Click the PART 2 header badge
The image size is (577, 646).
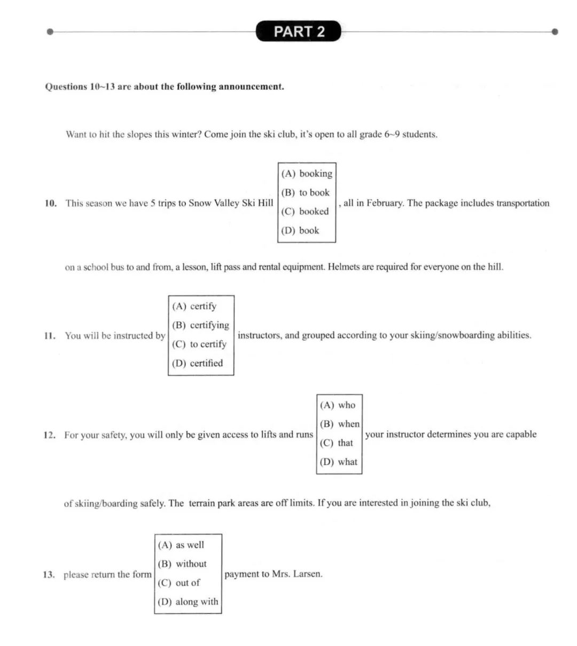click(299, 32)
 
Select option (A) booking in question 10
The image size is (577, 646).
click(307, 174)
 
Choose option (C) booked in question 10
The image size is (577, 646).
click(305, 212)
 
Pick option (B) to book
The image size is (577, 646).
click(306, 192)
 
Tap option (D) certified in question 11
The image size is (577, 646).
click(197, 363)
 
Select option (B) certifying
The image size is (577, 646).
click(200, 325)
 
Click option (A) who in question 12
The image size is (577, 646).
click(338, 405)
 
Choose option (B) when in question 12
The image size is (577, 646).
click(340, 424)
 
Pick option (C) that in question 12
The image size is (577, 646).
click(337, 443)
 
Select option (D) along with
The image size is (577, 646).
click(188, 602)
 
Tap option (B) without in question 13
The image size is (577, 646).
click(182, 564)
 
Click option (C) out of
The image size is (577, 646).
click(179, 583)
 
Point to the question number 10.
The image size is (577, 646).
click(50, 203)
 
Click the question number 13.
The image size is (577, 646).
click(49, 575)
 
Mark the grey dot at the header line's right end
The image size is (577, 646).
click(555, 32)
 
